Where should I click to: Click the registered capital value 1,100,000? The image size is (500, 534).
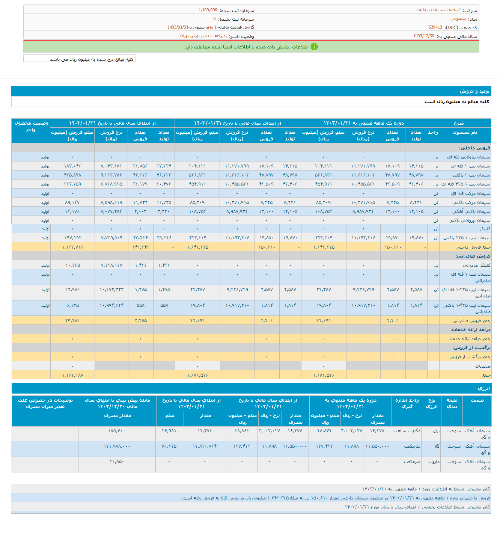[x=208, y=10]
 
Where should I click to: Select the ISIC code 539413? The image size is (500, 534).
[x=435, y=27]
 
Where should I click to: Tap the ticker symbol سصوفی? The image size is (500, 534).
[x=458, y=19]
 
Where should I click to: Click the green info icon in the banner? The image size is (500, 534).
[x=314, y=47]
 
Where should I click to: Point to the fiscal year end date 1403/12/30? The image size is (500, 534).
[x=423, y=36]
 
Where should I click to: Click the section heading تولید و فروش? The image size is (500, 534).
[x=474, y=91]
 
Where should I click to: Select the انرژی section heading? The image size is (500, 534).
[x=483, y=389]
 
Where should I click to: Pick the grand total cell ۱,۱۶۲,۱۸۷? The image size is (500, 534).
[x=73, y=375]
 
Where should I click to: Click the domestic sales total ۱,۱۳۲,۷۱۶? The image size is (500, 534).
[x=73, y=247]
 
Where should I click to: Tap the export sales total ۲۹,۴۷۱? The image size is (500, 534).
[x=73, y=321]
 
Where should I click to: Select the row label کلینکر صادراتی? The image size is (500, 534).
[x=476, y=265]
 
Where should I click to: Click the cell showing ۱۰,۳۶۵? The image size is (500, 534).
[x=73, y=265]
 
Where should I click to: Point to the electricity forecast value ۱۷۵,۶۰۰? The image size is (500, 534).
[x=117, y=431]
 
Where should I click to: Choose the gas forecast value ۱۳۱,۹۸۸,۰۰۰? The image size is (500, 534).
[x=117, y=446]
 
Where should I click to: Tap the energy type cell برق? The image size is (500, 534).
[x=436, y=431]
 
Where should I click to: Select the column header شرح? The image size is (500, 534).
[x=459, y=123]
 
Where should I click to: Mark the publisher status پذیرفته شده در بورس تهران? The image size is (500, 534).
[x=203, y=36]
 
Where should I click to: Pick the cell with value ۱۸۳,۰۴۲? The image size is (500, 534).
[x=73, y=166]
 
